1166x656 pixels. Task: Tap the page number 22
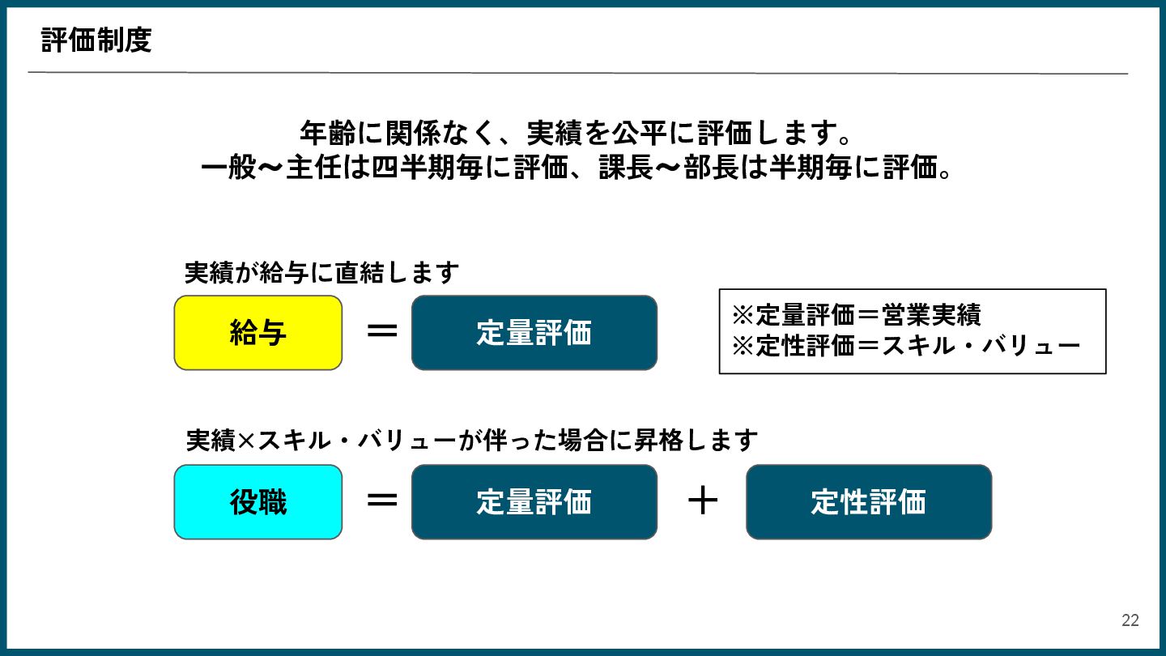[1130, 620]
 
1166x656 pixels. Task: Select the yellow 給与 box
[258, 333]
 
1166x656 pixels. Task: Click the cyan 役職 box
[258, 502]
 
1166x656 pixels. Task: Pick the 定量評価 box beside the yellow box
[534, 333]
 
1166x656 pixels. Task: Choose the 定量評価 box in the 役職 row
[534, 502]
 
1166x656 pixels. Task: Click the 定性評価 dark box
[868, 502]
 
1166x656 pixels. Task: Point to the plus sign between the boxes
[702, 501]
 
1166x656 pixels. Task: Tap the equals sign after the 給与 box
[381, 331]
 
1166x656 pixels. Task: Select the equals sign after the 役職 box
[381, 501]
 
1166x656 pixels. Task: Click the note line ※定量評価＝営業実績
[856, 314]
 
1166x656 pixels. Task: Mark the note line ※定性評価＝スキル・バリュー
[905, 347]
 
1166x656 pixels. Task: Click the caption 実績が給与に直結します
[321, 273]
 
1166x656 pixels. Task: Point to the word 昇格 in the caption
[665, 441]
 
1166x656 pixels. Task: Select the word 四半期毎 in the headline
[427, 168]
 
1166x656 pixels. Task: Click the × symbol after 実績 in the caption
[246, 441]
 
